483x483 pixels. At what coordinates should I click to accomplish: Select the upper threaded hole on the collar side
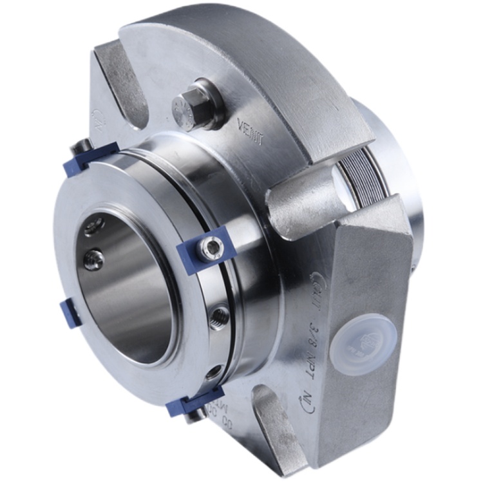coord(220,314)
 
